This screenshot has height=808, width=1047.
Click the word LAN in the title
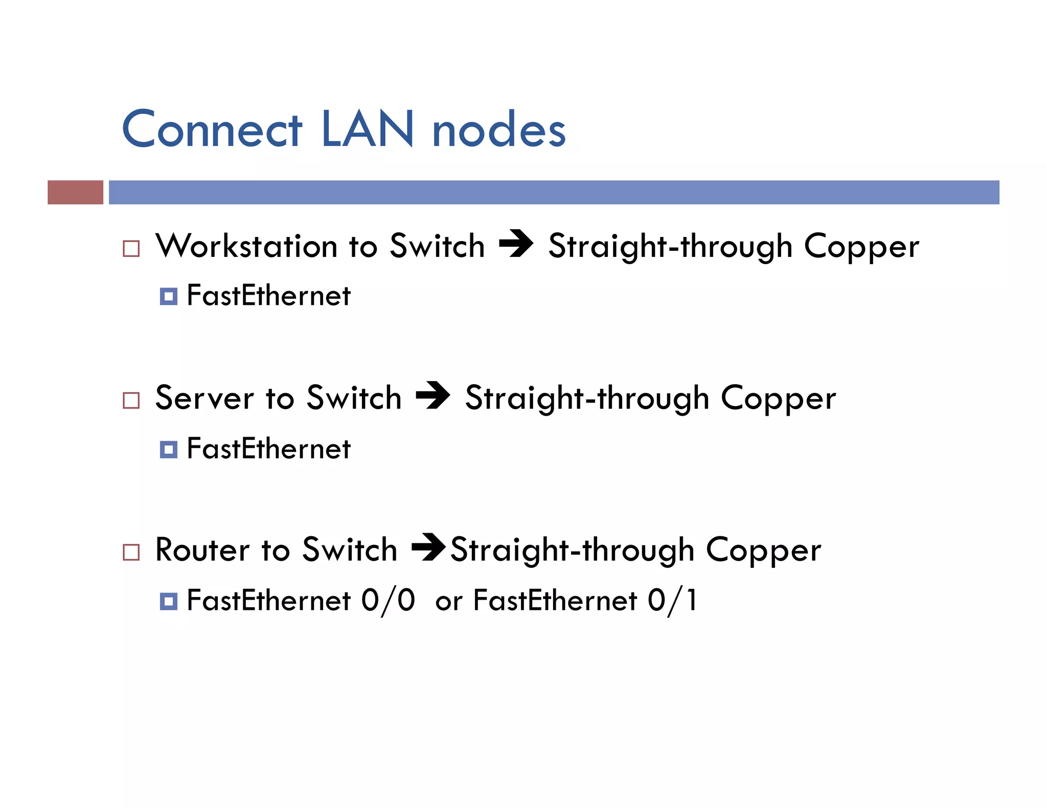pos(368,129)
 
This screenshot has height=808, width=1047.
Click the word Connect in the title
pos(212,129)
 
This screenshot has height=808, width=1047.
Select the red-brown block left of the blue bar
pos(75,192)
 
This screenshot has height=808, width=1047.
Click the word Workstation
pos(246,246)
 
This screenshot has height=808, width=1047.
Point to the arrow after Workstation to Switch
pos(516,244)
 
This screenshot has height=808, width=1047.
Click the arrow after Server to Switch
pos(433,395)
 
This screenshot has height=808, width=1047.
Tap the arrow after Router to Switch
pos(428,547)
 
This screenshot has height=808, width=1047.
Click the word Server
pos(204,398)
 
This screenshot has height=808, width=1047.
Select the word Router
pos(202,550)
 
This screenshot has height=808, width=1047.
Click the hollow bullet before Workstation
pos(131,249)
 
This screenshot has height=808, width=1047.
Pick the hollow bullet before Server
pos(131,400)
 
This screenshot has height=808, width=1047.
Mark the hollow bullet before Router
pos(131,552)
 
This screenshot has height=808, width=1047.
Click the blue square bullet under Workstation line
pos(169,296)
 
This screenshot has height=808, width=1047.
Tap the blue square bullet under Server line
pos(169,449)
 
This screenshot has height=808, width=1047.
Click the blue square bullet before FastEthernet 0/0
pos(169,601)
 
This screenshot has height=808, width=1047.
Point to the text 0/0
pos(388,600)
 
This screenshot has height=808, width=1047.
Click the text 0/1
pos(672,600)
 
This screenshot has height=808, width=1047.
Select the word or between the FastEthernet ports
pos(448,602)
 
